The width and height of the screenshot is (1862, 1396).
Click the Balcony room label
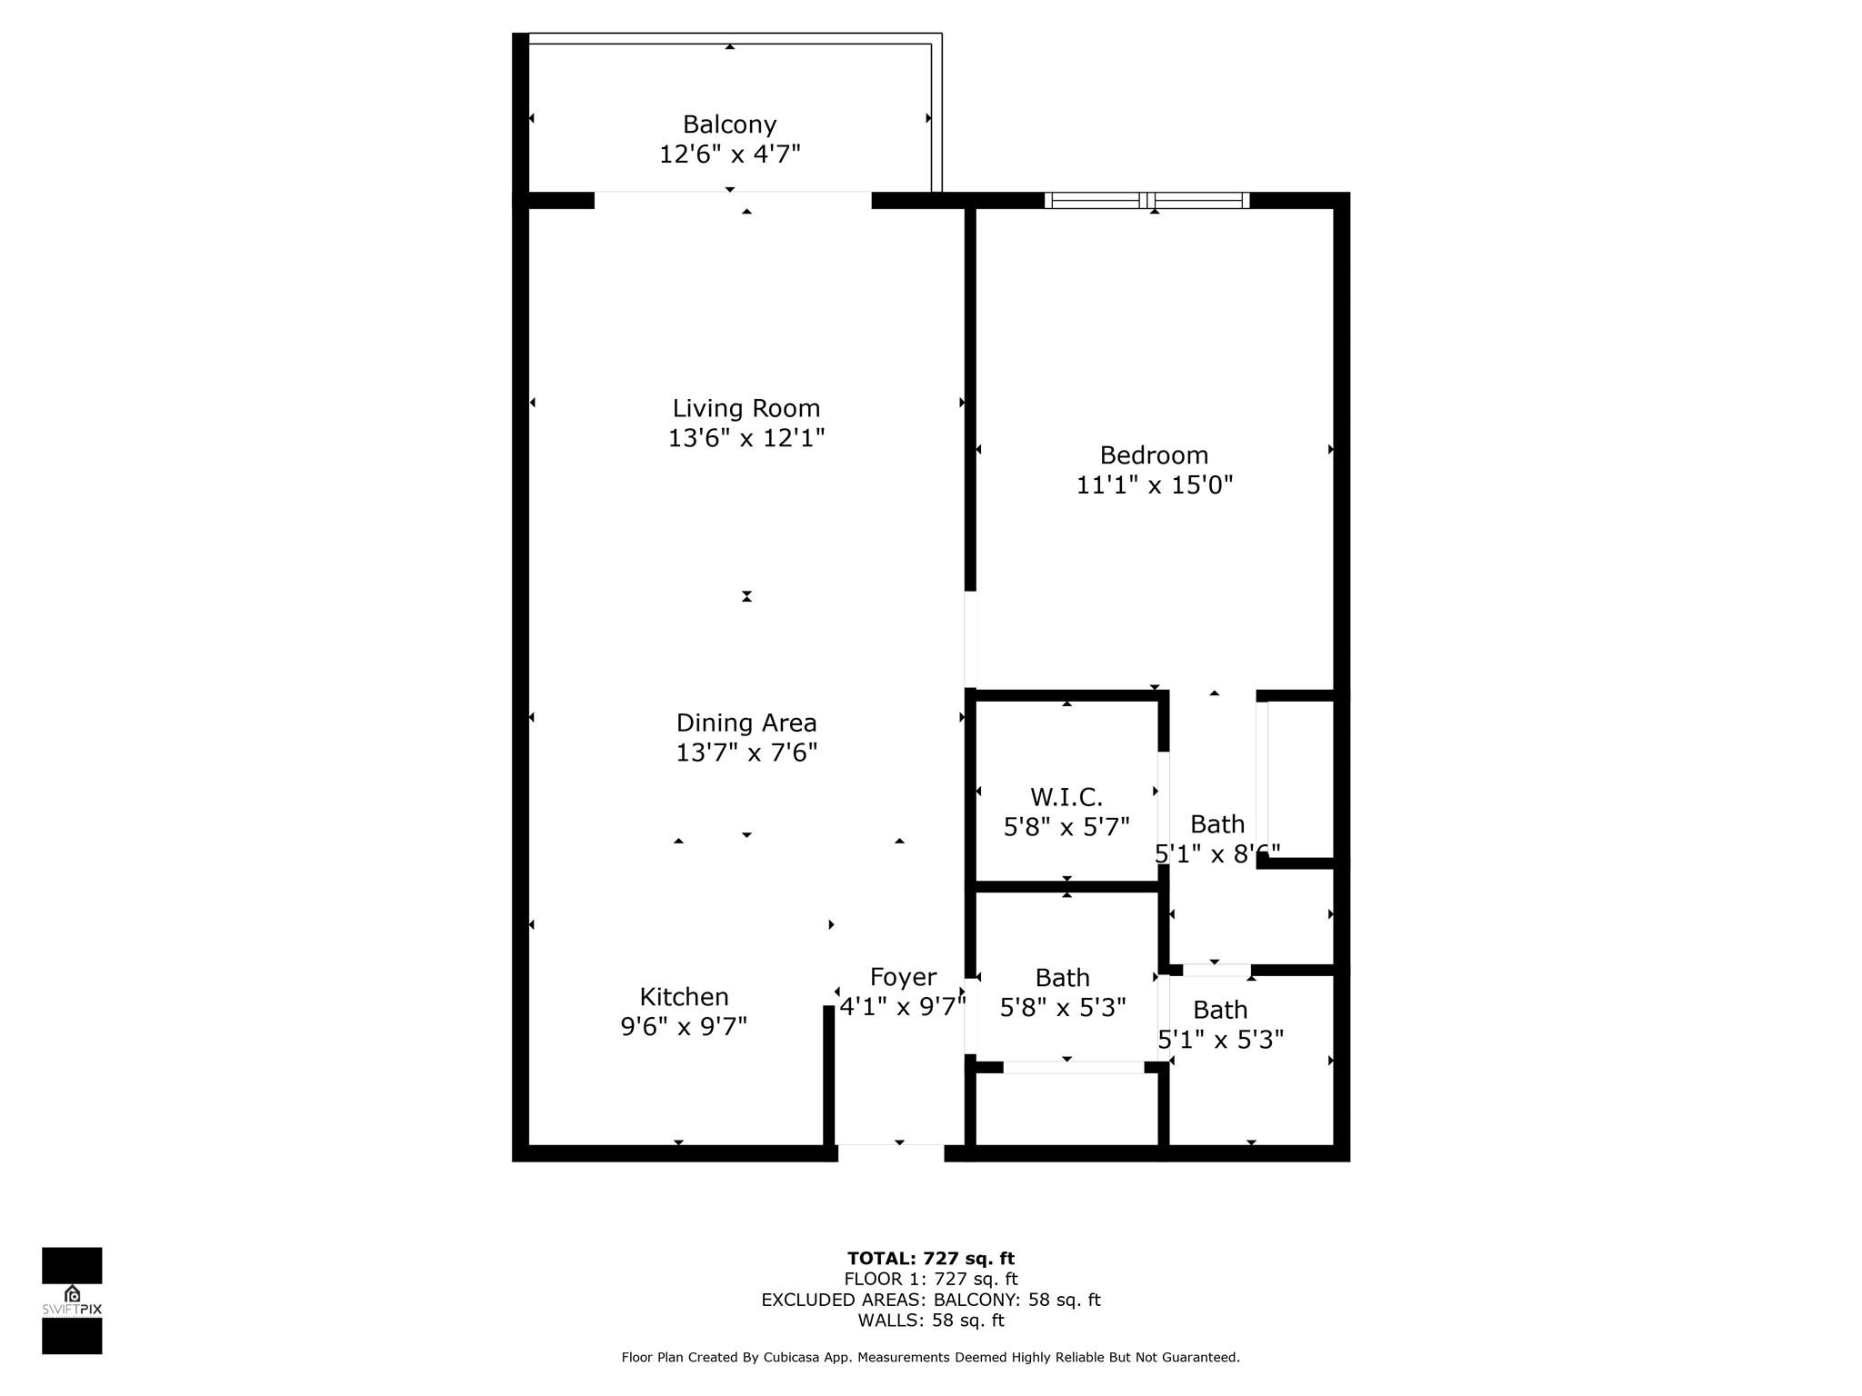(729, 125)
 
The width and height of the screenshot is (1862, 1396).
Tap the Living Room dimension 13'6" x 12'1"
(746, 438)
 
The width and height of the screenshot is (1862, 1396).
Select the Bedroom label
(1154, 454)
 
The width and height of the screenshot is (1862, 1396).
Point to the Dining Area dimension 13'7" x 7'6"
(746, 753)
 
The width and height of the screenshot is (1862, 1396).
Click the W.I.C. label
(1066, 797)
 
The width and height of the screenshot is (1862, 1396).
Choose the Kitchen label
(684, 996)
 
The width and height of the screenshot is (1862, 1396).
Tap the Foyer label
(903, 977)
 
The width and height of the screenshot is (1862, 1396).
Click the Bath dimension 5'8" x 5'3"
(1063, 1007)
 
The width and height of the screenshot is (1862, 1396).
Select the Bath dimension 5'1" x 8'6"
(1216, 853)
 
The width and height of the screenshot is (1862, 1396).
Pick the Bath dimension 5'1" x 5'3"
(1220, 1039)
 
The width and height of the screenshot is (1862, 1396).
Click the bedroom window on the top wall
(1146, 200)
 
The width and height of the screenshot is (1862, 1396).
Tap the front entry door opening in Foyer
(891, 1152)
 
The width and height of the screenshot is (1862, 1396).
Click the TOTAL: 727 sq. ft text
(930, 1258)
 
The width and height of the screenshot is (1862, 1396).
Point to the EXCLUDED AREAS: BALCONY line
(930, 1300)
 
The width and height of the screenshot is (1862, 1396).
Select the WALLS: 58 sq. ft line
(930, 1321)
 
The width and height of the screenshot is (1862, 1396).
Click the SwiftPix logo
(72, 1301)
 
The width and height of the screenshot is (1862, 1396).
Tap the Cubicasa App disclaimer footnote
(930, 1357)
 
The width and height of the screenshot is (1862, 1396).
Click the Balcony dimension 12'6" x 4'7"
(729, 154)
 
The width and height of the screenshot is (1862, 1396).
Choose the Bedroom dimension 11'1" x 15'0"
(1154, 484)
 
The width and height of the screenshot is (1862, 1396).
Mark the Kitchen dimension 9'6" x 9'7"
(684, 1026)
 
